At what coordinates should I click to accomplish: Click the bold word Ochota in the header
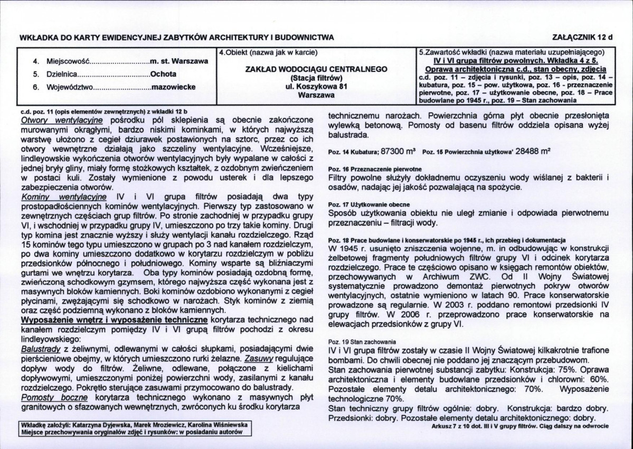tap(163, 74)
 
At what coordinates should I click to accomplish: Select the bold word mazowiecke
tap(172, 87)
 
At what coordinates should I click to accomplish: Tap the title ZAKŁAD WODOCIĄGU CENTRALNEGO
tap(317, 69)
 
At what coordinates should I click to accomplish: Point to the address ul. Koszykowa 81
tap(317, 87)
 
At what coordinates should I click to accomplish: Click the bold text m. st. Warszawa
tap(179, 61)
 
